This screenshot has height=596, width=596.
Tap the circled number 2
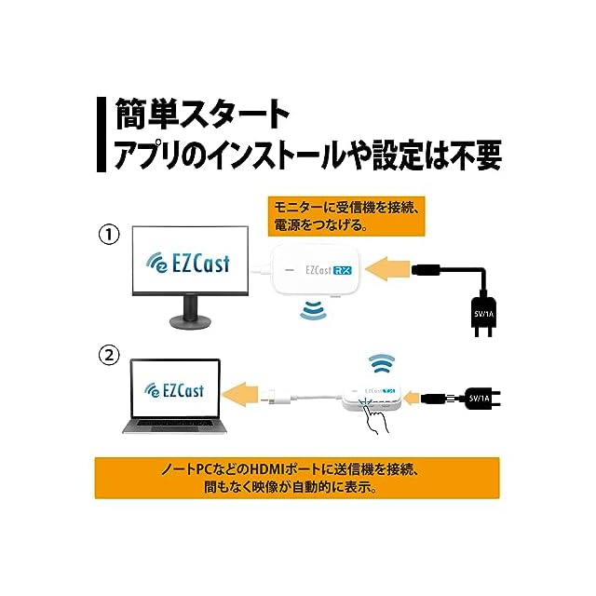click(110, 355)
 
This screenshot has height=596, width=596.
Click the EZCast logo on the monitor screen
click(185, 265)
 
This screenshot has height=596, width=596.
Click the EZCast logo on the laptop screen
click(172, 391)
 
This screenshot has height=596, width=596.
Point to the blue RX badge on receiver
click(344, 271)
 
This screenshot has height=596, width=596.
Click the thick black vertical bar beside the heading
click(100, 134)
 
